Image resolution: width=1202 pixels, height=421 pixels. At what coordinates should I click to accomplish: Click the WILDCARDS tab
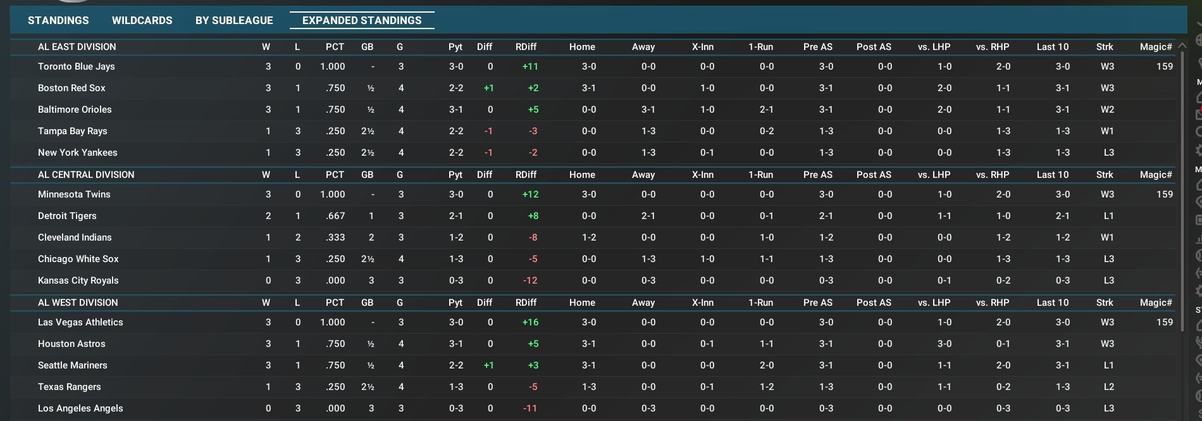click(142, 20)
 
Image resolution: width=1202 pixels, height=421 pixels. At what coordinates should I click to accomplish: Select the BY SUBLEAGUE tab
click(234, 20)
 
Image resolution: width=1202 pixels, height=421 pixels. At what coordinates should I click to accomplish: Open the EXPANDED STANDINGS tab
click(362, 20)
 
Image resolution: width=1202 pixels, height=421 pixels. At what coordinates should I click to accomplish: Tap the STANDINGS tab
click(58, 20)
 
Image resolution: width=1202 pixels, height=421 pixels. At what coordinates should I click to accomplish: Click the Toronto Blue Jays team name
click(76, 66)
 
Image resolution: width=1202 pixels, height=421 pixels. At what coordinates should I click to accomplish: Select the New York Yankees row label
click(77, 153)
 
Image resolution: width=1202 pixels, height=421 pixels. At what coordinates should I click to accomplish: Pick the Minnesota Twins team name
click(74, 194)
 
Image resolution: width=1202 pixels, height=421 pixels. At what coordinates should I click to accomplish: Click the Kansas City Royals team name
click(78, 280)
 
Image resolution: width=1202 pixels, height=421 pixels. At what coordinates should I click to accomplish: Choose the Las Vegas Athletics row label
click(80, 322)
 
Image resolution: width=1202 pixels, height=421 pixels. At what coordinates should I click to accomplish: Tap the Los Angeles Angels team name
click(80, 408)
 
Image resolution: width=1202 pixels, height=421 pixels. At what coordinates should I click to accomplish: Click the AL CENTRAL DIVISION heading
click(86, 175)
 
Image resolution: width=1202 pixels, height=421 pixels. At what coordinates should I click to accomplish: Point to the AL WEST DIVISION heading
click(78, 303)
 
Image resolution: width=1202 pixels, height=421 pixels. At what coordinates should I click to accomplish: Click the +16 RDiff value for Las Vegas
click(530, 322)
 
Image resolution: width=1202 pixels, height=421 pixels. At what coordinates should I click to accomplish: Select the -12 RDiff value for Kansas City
click(530, 280)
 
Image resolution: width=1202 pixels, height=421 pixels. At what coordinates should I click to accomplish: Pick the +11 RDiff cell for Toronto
click(530, 66)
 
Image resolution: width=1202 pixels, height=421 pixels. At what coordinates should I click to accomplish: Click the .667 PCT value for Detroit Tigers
click(335, 216)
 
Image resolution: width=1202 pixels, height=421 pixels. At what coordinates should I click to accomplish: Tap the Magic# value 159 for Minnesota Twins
click(1164, 194)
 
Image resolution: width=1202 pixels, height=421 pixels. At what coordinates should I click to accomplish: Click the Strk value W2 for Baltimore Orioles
click(1107, 110)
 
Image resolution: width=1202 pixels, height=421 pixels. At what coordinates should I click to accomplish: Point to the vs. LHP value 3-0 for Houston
click(944, 344)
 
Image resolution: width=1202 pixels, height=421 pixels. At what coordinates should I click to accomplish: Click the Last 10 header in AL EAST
click(1052, 47)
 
